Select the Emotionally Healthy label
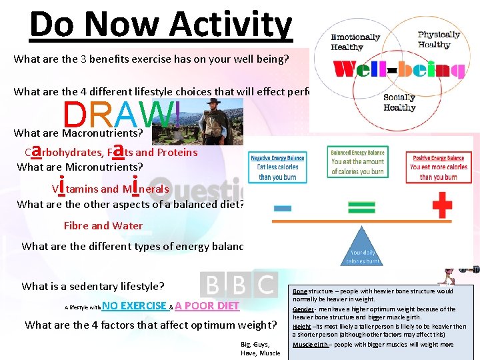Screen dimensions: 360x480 355,41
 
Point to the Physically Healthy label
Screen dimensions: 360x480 439,39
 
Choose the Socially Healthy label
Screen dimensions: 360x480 399,103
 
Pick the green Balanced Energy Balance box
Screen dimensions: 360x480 357,162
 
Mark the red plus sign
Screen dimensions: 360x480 442,205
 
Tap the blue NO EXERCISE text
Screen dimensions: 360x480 134,306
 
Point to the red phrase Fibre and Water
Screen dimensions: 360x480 103,225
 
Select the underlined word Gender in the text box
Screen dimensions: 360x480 303,309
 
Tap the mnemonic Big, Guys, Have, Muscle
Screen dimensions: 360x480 260,348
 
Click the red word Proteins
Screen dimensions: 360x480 177,152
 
